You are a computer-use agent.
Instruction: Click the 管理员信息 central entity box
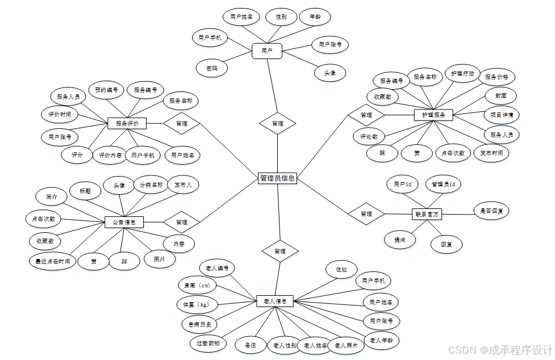click(277, 178)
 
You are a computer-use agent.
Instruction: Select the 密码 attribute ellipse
click(211, 68)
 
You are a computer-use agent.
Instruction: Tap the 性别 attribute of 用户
click(281, 17)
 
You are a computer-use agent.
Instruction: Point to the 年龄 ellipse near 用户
click(315, 17)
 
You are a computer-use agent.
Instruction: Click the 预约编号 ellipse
click(107, 90)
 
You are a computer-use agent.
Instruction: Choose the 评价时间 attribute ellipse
click(60, 114)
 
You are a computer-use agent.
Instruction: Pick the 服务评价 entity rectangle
click(127, 123)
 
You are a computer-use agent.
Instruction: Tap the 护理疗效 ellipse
click(462, 74)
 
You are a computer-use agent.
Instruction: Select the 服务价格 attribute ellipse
click(496, 77)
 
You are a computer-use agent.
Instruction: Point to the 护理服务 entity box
click(433, 115)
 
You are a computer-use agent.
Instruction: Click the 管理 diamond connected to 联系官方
click(366, 214)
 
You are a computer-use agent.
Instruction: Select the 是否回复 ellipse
click(491, 211)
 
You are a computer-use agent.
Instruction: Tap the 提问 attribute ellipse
click(400, 240)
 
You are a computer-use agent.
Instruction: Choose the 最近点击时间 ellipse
click(52, 261)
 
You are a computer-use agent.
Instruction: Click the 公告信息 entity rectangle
click(124, 221)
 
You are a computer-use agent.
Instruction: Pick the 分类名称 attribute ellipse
click(151, 185)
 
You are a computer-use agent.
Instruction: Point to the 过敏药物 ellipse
click(207, 343)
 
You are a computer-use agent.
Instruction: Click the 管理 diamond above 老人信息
click(279, 250)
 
